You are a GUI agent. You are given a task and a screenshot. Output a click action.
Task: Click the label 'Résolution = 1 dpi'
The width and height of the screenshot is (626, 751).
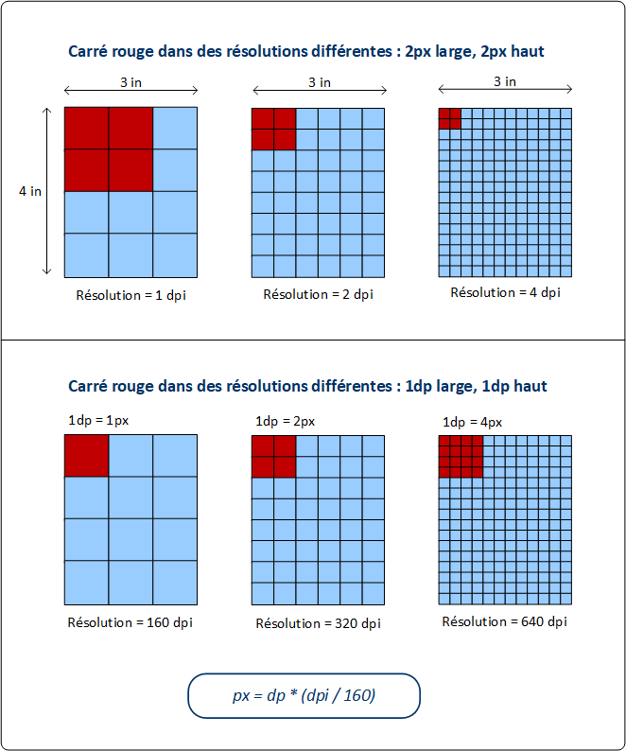tap(131, 294)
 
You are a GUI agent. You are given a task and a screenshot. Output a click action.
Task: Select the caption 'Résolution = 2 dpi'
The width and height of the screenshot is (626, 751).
tap(318, 294)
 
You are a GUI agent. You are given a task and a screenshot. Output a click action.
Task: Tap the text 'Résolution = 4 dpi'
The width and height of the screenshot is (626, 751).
tap(505, 292)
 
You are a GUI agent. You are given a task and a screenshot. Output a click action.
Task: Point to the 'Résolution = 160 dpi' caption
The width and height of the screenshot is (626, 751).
tap(130, 623)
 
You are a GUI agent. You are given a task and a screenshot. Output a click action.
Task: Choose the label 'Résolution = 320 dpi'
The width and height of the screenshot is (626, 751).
tap(318, 623)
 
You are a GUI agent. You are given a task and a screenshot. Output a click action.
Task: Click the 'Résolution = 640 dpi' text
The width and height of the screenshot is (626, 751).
tap(505, 621)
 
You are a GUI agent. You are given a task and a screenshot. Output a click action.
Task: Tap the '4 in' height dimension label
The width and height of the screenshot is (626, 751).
tap(30, 191)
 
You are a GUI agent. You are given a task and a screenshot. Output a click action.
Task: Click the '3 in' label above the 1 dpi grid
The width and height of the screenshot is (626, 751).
tap(131, 82)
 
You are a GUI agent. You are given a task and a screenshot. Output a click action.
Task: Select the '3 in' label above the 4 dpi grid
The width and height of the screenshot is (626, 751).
tap(505, 81)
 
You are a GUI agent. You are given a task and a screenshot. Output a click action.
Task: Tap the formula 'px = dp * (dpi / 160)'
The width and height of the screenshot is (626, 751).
tap(304, 695)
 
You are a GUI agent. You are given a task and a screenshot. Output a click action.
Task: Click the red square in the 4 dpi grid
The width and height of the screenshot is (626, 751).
tap(450, 118)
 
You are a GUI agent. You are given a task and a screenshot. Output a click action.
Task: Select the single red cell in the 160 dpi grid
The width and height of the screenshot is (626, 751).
tap(86, 456)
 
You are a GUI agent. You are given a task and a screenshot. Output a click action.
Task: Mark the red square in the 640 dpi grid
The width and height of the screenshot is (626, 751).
tap(461, 458)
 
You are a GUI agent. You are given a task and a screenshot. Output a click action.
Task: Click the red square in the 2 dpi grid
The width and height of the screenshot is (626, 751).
tap(273, 130)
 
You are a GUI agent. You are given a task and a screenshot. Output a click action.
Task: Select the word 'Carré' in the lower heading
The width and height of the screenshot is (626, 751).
tap(88, 386)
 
